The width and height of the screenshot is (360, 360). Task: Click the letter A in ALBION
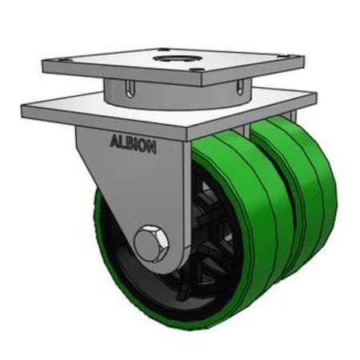coord(112,143)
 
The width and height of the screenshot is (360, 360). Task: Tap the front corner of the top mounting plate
coord(198,82)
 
